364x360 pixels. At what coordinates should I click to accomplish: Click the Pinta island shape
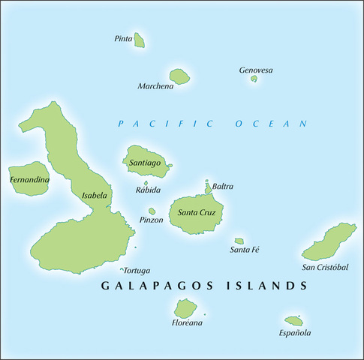(x=140, y=42)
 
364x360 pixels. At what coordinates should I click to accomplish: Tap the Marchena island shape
(x=179, y=76)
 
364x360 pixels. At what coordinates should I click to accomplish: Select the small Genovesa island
(x=254, y=79)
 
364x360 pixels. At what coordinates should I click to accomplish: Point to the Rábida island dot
(x=146, y=183)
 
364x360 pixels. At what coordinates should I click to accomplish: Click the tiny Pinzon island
(x=152, y=211)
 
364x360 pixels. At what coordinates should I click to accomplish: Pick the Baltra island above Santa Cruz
(x=208, y=187)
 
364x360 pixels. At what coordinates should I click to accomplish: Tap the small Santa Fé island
(x=239, y=241)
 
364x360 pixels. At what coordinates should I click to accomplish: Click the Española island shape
(x=293, y=321)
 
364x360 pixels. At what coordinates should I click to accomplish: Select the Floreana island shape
(x=185, y=308)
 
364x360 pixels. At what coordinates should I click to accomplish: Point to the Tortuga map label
(x=137, y=270)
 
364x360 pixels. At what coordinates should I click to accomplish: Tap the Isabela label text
(x=95, y=196)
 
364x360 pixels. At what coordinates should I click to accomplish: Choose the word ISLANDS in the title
(x=270, y=286)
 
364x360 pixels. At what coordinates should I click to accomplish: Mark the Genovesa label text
(x=256, y=70)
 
